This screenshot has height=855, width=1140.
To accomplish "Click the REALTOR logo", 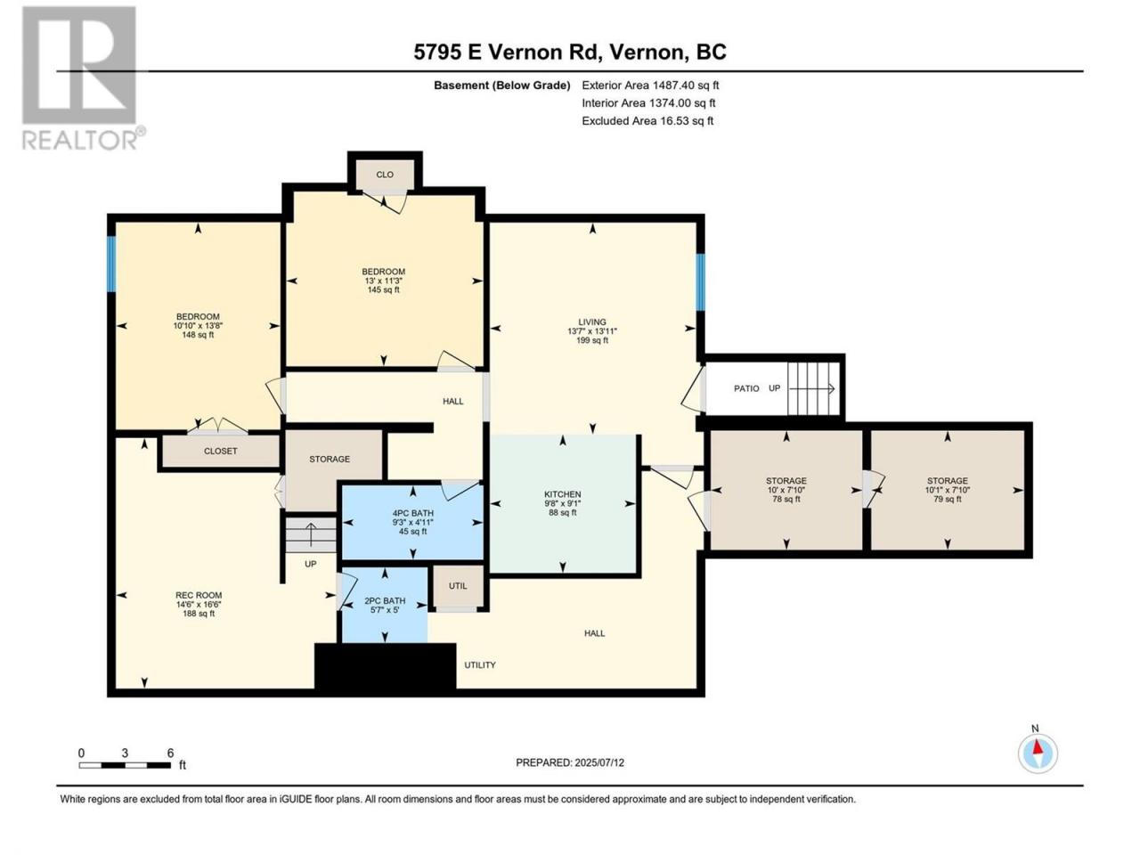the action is click(x=83, y=77).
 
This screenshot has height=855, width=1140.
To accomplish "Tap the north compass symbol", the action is click(x=1038, y=753).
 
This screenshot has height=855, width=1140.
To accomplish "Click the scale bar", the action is click(x=125, y=765).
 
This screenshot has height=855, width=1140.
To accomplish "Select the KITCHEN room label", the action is click(x=563, y=503).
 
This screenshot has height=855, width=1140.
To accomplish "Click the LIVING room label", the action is click(x=592, y=330).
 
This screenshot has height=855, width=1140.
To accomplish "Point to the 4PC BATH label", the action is click(x=413, y=522).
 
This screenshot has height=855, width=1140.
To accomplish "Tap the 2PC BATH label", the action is click(x=385, y=606).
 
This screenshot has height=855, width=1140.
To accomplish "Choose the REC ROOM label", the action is click(x=199, y=604).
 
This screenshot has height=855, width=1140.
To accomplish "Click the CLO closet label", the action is click(x=385, y=175).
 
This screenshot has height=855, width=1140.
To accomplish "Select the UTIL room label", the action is click(x=458, y=585).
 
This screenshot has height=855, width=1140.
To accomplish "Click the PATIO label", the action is click(x=746, y=388).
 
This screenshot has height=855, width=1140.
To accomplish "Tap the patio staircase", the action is click(x=813, y=388).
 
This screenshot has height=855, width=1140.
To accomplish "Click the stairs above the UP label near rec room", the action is click(x=311, y=534).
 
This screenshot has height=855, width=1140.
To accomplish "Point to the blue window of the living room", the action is click(x=700, y=282).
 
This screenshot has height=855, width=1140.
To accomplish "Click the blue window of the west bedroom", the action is click(x=111, y=264).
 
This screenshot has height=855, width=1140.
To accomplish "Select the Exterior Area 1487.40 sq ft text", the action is click(x=650, y=85).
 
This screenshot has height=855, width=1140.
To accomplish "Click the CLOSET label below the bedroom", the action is click(x=221, y=452).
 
